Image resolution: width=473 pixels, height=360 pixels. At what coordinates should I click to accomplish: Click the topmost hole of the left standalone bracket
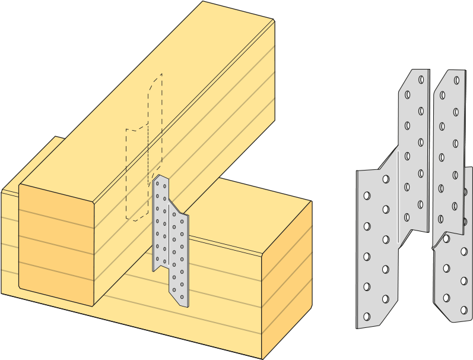421,79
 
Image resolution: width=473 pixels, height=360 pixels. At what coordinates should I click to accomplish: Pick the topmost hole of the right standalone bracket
456,80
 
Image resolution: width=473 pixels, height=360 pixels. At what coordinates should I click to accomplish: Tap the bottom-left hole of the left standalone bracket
367,317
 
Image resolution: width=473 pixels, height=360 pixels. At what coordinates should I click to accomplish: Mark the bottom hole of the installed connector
183,295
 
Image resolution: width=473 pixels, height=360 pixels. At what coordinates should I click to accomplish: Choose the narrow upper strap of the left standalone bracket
414,137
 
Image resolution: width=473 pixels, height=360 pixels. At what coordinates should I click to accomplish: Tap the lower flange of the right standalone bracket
454,273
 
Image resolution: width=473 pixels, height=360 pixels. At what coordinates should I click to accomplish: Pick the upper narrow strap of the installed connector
160,220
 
